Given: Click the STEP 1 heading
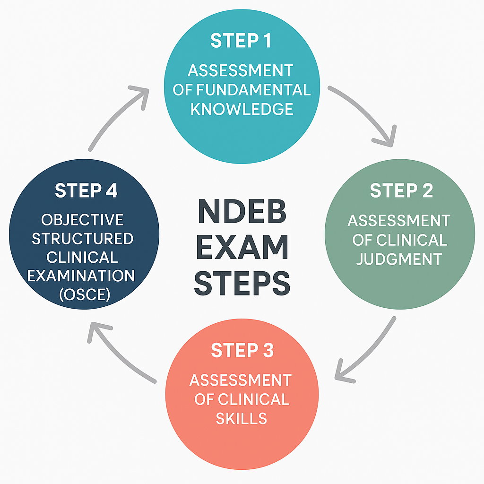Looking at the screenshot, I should pyautogui.click(x=241, y=41).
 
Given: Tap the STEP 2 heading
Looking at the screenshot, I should pyautogui.click(x=401, y=190).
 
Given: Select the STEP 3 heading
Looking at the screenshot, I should pyautogui.click(x=242, y=351).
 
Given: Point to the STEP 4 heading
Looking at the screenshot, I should pyautogui.click(x=86, y=190).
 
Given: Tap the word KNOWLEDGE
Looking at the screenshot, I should pyautogui.click(x=242, y=109).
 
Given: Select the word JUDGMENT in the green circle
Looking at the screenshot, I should pyautogui.click(x=399, y=259).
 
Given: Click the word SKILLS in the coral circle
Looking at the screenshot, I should pyautogui.click(x=242, y=418).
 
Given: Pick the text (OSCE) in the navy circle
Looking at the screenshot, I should pyautogui.click(x=86, y=295).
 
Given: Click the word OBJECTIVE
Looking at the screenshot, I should pyautogui.click(x=82, y=220).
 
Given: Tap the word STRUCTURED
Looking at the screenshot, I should pyautogui.click(x=82, y=239).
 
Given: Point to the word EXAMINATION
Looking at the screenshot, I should pyautogui.click(x=81, y=276).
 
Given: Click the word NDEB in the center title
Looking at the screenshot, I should pyautogui.click(x=242, y=214).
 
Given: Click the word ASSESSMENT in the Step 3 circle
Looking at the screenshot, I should pyautogui.click(x=242, y=380).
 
